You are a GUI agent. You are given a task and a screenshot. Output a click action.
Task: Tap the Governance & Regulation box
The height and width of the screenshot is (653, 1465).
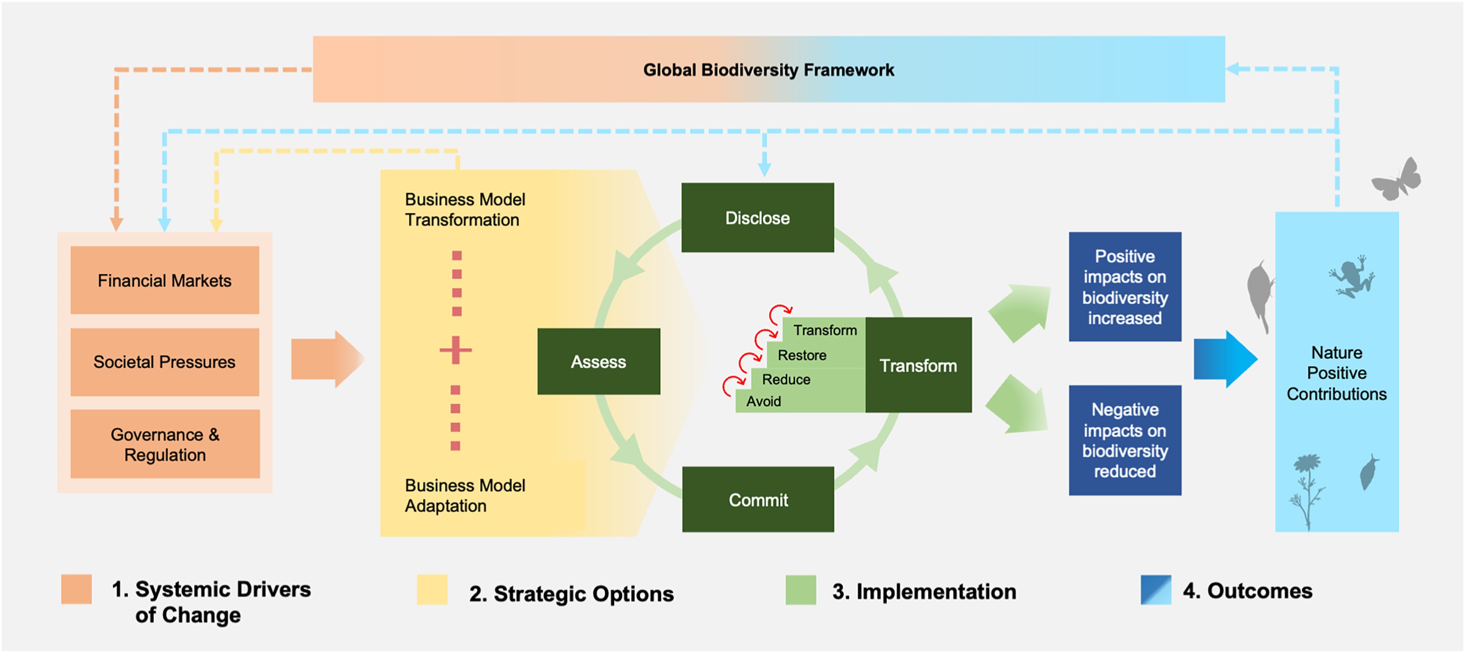point(165,444)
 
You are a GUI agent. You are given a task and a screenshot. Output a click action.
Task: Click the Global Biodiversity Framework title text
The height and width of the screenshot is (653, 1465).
point(768,70)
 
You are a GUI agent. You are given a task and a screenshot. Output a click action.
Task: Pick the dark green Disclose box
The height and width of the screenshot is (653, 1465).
point(757,218)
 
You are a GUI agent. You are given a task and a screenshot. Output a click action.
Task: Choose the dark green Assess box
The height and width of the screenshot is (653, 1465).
point(598,361)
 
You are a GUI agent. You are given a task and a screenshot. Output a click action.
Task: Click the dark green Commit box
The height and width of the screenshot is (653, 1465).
point(758,500)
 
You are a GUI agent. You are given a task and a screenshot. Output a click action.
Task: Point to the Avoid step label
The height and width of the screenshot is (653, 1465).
point(764,401)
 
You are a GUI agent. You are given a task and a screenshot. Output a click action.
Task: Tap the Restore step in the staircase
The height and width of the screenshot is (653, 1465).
point(802,355)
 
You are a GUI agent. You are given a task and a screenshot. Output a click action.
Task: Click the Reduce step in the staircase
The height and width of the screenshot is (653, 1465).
point(786,379)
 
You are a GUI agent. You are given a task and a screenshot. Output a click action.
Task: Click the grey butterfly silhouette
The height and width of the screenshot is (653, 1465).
point(1397,180)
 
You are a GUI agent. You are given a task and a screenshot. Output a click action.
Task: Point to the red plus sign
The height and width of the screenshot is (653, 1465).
point(456,350)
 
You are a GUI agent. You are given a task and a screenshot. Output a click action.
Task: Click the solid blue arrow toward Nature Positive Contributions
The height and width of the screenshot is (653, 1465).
point(1224,359)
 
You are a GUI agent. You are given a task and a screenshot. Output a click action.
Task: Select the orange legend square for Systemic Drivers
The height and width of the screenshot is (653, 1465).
point(77,589)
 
